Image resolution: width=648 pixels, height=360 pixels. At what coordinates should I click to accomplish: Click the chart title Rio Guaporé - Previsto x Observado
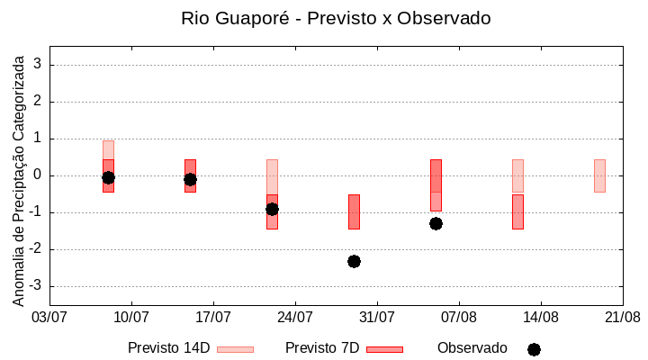[336, 18]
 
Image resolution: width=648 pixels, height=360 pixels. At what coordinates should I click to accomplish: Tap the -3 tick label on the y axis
[36, 286]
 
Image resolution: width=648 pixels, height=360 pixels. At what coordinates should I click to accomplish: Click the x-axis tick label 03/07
[49, 318]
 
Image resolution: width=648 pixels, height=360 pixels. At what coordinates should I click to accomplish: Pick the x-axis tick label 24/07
[295, 318]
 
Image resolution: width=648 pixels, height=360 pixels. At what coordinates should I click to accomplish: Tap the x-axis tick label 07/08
[459, 318]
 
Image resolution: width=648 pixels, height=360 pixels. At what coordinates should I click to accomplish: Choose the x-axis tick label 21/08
[623, 318]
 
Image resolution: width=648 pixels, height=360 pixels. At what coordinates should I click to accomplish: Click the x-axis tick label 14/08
[541, 318]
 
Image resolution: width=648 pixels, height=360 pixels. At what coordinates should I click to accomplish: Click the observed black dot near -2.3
[354, 261]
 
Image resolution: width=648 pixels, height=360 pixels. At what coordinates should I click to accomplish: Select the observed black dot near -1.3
[436, 223]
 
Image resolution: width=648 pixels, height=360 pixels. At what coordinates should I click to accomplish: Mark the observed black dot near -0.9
[272, 209]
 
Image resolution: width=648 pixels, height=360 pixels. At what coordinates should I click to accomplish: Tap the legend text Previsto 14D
[168, 348]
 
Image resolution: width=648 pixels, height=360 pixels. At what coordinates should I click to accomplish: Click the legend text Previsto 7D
[322, 348]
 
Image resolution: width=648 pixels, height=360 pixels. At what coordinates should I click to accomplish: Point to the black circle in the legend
[534, 349]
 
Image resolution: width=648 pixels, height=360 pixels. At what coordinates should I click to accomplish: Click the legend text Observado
[472, 348]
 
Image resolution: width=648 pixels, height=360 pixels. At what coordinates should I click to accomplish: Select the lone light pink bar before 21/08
[599, 175]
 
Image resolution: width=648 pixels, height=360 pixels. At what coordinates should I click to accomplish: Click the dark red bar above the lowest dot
[354, 211]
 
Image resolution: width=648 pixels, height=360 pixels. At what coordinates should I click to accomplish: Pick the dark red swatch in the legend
[384, 349]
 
